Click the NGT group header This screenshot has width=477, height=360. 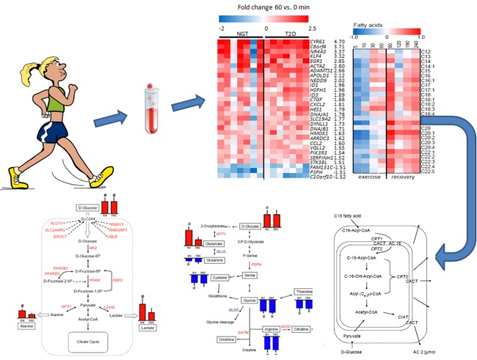tap(241, 34)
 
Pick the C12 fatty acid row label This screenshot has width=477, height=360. tap(426, 52)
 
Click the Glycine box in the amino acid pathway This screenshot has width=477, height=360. tap(250, 301)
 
